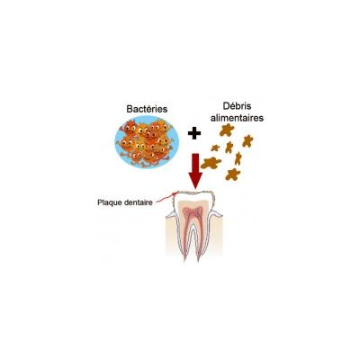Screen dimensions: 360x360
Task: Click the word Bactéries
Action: pyautogui.click(x=147, y=109)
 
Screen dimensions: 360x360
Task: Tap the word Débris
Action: pyautogui.click(x=237, y=106)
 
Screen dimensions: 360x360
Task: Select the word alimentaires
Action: pyautogui.click(x=237, y=118)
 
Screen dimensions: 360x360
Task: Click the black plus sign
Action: pyautogui.click(x=194, y=133)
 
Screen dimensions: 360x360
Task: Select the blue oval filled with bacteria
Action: pyautogui.click(x=147, y=142)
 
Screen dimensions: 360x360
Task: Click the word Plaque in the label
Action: pyautogui.click(x=108, y=202)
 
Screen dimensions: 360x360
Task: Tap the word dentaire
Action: pyautogui.click(x=137, y=202)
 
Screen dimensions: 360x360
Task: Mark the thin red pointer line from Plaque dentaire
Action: pyautogui.click(x=164, y=198)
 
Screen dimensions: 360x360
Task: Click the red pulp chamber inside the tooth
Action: pyautogui.click(x=193, y=213)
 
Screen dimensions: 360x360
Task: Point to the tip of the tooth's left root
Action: pyautogui.click(x=185, y=258)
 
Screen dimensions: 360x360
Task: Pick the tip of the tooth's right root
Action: pyautogui.click(x=199, y=258)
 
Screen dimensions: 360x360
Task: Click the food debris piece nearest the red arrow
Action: pyautogui.click(x=211, y=163)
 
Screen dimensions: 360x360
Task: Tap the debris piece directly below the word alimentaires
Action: pyautogui.click(x=227, y=130)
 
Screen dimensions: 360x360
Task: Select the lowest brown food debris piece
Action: pyautogui.click(x=233, y=175)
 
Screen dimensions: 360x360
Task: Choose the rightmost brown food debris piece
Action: pyautogui.click(x=247, y=141)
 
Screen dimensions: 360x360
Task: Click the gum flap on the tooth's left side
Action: pyautogui.click(x=171, y=214)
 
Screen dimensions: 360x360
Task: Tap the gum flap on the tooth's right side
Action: pyautogui.click(x=217, y=214)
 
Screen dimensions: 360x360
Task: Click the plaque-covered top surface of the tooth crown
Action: pyautogui.click(x=193, y=192)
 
